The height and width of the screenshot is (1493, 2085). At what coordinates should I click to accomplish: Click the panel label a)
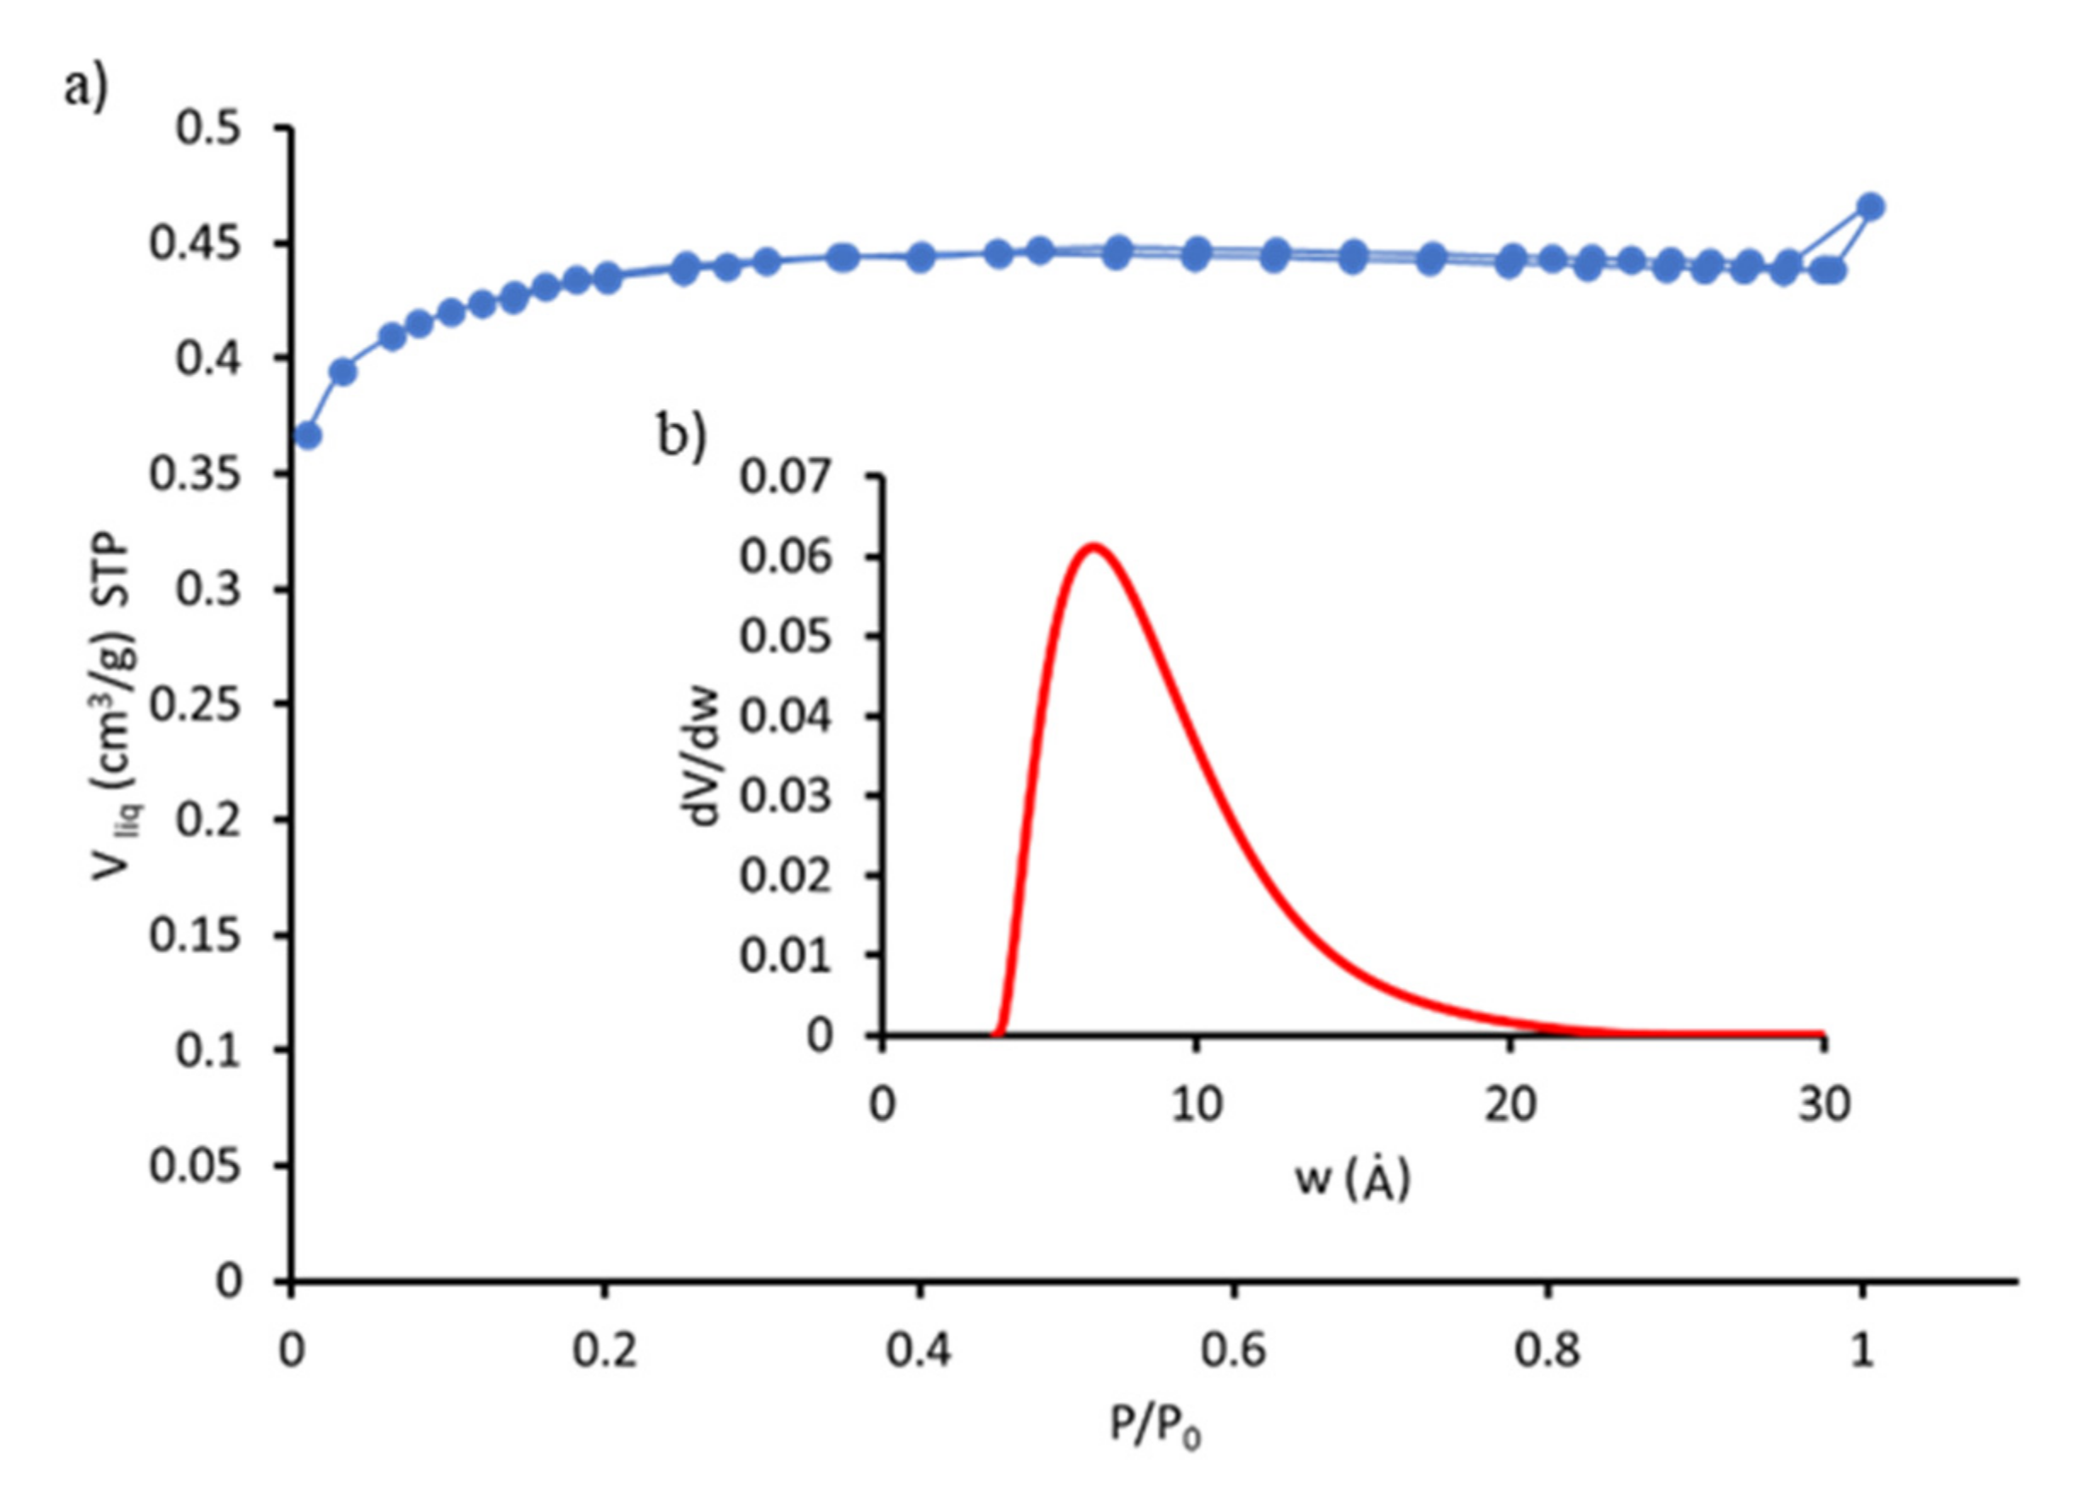point(86,88)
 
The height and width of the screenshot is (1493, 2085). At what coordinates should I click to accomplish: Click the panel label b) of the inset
point(681,434)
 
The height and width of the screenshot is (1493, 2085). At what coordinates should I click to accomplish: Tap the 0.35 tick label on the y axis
point(195,474)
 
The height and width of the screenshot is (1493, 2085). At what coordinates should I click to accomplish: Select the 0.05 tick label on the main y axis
point(195,1166)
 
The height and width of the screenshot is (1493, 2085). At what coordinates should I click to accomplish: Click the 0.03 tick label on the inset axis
point(785,795)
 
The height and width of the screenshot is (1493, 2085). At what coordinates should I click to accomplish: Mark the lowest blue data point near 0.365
point(308,436)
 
